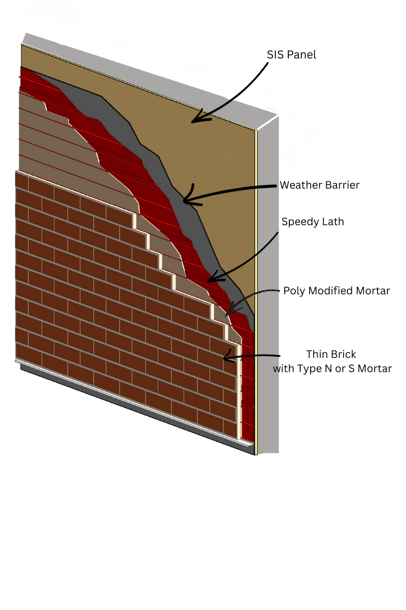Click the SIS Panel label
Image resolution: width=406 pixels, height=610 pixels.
291,54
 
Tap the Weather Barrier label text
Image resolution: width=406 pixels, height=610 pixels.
319,185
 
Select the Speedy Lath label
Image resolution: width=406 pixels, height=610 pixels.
313,222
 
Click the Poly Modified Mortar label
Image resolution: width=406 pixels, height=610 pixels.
336,291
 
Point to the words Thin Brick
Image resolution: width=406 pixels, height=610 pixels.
331,354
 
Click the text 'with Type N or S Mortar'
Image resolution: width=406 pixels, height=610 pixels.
332,369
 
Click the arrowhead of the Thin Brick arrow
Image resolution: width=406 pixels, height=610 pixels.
225,358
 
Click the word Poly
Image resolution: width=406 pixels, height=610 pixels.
293,291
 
